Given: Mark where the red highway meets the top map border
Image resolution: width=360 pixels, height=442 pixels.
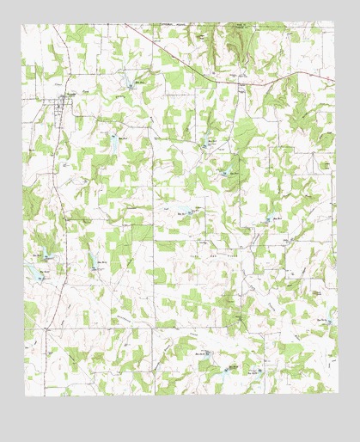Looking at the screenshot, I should (x=121, y=23).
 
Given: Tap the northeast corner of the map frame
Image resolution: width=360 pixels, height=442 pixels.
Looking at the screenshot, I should (x=336, y=23).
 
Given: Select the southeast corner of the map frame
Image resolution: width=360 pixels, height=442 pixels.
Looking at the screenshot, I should (x=336, y=396).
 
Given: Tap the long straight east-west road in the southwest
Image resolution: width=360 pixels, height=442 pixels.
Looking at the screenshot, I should (x=95, y=328).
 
